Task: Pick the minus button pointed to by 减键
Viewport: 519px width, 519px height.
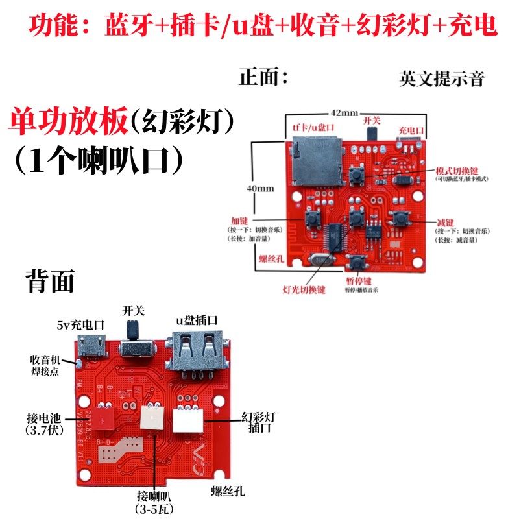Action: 399,219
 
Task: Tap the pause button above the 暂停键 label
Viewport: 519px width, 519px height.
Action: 356,262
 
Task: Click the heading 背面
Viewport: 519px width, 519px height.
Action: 50,282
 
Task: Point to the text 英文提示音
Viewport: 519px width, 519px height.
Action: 442,79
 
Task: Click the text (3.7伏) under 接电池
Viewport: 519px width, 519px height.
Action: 43,430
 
